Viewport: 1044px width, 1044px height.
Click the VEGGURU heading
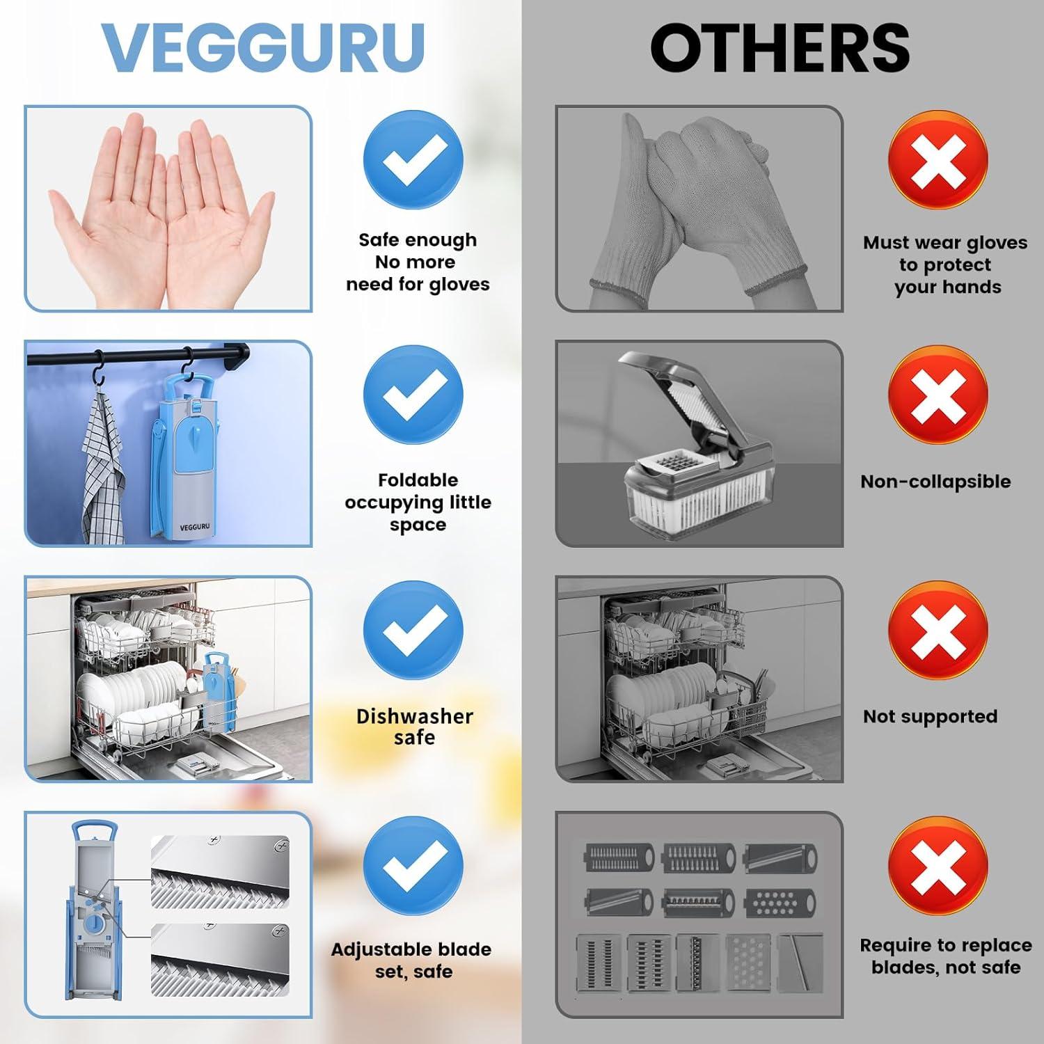tap(263, 47)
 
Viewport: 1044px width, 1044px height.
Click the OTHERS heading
tap(780, 47)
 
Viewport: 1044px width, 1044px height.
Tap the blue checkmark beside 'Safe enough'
tap(413, 159)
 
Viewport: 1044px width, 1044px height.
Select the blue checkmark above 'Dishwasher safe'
tap(413, 630)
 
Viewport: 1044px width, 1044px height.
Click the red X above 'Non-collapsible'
tap(938, 395)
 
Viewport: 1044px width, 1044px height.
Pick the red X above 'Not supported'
tap(938, 630)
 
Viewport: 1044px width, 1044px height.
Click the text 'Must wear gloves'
tap(944, 243)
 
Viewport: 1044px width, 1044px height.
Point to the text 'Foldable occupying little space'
tap(418, 502)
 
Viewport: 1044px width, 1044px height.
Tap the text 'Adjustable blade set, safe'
tap(411, 960)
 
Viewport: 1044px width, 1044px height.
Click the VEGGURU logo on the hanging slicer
tap(194, 527)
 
